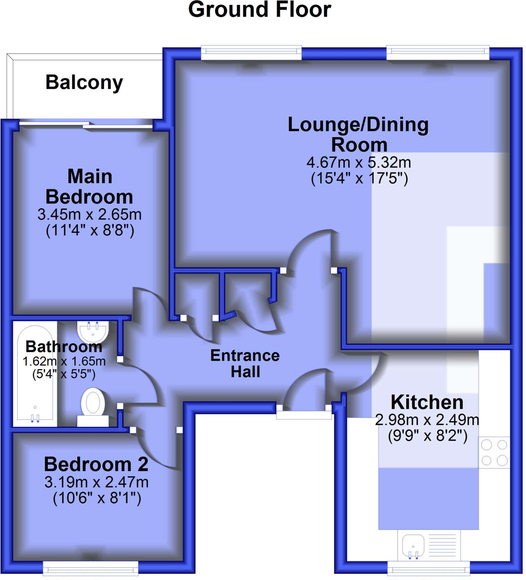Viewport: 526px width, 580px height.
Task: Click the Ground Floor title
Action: (259, 10)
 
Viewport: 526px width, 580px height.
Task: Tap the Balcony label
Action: (84, 83)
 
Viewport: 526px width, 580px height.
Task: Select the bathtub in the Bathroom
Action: (35, 374)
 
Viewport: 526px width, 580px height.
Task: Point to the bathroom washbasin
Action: (93, 331)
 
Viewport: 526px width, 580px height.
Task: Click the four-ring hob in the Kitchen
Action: (494, 453)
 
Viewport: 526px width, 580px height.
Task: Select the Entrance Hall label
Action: (245, 364)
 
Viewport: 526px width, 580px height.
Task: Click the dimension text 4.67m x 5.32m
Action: (359, 163)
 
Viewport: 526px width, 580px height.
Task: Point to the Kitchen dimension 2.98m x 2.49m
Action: (427, 420)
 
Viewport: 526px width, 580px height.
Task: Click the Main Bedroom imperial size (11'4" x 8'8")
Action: (90, 231)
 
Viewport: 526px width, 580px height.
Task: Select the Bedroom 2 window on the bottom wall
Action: (90, 568)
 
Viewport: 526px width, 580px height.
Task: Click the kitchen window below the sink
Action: (429, 569)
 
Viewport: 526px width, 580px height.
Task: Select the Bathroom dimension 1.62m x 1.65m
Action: (64, 361)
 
